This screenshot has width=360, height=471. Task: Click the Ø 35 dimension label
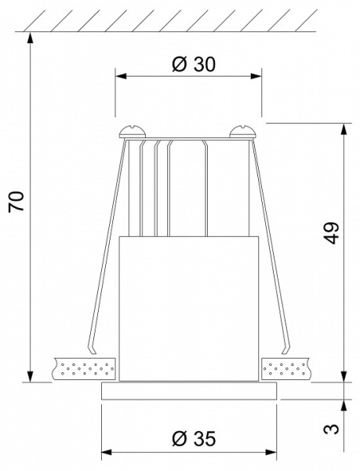click(x=191, y=437)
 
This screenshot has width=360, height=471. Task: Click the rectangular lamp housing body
click(x=189, y=306)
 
